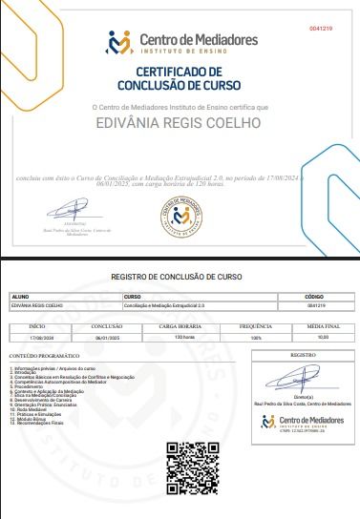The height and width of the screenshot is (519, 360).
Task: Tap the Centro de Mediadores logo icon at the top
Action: pos(119,43)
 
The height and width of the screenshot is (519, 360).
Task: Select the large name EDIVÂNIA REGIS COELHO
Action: pos(180,122)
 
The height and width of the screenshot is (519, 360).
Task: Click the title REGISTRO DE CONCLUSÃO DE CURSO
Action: pos(177,276)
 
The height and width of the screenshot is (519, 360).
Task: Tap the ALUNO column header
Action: pos(20,297)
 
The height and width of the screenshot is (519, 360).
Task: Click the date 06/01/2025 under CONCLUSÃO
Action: pos(105,337)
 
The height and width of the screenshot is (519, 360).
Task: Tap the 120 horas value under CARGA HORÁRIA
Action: pos(177,337)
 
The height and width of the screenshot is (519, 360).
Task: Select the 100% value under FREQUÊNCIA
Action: pos(254,337)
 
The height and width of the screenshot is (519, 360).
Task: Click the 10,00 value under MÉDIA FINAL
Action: pos(322,337)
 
